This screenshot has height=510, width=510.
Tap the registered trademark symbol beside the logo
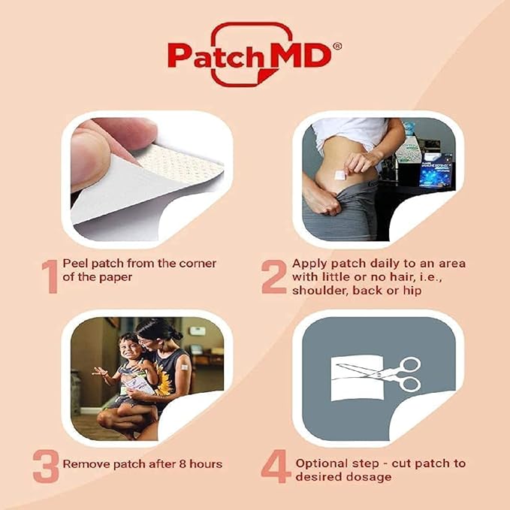click(x=337, y=46)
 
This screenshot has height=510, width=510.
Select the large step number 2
click(x=274, y=277)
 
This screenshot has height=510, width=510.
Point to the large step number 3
click(x=46, y=466)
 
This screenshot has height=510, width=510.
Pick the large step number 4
click(x=275, y=466)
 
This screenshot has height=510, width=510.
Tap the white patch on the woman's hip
click(x=339, y=174)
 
